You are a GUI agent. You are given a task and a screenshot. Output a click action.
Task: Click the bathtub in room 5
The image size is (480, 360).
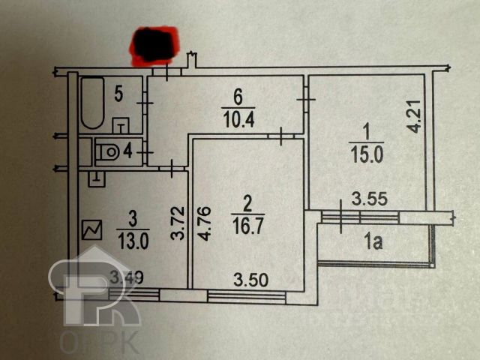(93, 103)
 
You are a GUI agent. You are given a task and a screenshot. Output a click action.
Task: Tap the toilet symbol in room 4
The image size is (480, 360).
(109, 151)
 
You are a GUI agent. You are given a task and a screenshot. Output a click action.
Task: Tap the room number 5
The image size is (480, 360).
(118, 94)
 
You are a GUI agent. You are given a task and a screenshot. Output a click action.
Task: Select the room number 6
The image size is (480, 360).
(238, 97)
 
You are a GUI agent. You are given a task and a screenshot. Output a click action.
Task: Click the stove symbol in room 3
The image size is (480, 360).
(92, 230)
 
